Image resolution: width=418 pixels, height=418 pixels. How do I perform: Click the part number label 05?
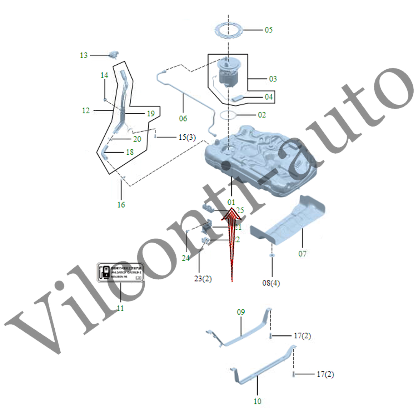click(269, 30)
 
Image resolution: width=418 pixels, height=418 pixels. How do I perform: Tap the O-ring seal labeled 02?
click(229, 115)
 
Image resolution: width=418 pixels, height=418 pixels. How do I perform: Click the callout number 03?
click(273, 79)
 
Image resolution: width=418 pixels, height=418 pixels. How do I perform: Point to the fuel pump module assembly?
click(228, 73)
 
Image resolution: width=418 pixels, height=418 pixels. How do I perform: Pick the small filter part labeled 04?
click(238, 98)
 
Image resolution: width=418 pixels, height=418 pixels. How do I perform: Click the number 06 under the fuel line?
click(183, 119)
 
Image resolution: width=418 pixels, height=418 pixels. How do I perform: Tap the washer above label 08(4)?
click(272, 256)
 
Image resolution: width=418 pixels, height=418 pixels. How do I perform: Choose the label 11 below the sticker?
click(120, 308)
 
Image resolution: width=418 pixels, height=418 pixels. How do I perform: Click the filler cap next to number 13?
click(114, 54)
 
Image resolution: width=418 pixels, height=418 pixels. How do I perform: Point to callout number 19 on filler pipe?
click(151, 114)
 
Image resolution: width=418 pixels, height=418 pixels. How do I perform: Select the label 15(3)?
click(187, 137)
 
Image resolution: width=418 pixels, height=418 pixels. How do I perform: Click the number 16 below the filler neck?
click(121, 205)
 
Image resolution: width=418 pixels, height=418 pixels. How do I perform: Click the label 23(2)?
click(203, 279)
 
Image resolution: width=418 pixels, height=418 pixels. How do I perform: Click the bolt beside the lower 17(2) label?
click(294, 374)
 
